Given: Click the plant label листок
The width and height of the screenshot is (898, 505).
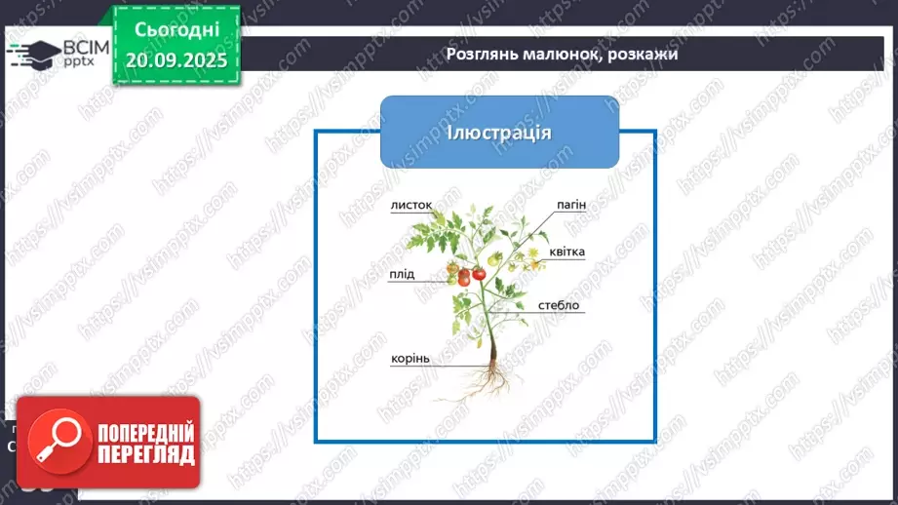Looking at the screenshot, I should [410, 206].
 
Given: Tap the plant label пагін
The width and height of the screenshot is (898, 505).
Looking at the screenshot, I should [570, 205].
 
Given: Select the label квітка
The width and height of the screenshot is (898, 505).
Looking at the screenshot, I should [566, 252].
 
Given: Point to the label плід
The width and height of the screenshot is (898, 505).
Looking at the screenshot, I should [401, 274].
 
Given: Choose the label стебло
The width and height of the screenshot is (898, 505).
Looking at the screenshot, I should [559, 305].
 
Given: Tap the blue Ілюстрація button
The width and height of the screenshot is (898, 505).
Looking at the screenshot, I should [499, 132].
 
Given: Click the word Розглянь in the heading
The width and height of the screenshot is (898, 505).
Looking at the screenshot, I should [481, 54].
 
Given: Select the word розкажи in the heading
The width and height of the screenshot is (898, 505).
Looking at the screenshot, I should [642, 54].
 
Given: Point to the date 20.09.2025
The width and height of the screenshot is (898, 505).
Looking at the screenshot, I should [176, 59].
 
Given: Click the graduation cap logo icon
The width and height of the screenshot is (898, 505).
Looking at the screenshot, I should [34, 54].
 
